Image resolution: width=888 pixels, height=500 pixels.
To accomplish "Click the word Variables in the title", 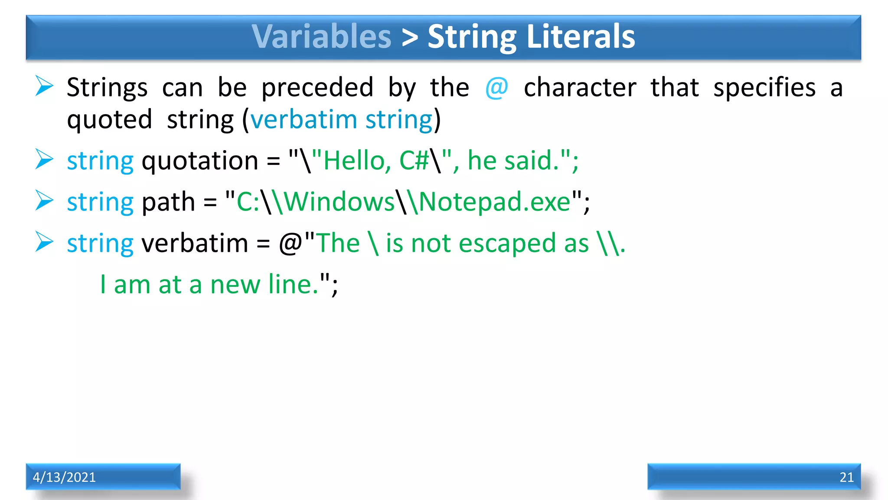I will click(x=321, y=36).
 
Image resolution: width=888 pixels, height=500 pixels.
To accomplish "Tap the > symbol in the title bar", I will click(x=409, y=37).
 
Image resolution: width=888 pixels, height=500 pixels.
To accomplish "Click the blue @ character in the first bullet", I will click(x=496, y=88).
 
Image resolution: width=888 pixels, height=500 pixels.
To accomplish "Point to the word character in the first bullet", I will click(x=580, y=88).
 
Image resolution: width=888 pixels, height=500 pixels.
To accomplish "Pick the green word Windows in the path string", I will click(x=339, y=202).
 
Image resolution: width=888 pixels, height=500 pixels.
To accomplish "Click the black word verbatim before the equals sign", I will click(x=195, y=243).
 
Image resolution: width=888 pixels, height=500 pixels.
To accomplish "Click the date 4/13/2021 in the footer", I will click(x=64, y=477).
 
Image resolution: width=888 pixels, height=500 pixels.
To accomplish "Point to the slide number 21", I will click(x=846, y=477).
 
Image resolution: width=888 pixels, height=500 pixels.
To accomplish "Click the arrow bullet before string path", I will click(x=44, y=201).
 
